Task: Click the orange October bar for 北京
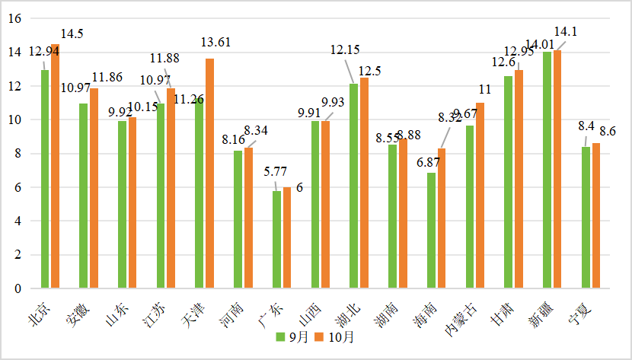click(x=55, y=167)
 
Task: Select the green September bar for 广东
click(x=276, y=240)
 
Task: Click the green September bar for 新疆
click(x=547, y=170)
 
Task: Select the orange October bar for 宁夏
click(x=595, y=216)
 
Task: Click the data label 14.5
click(x=71, y=33)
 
